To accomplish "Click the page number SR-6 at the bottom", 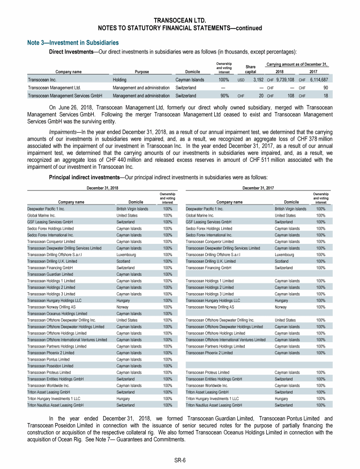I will pos(180,460).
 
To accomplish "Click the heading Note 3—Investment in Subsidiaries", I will pos(74,43).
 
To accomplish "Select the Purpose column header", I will pos(142,72).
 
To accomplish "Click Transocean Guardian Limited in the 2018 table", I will pos(50,274).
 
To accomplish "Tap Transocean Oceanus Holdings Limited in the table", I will pos(57,314).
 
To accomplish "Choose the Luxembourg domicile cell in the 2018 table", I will pos(127,255).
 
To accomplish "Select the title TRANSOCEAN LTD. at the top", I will pos(180,20).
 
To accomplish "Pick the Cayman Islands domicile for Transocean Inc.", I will pos(189,80).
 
